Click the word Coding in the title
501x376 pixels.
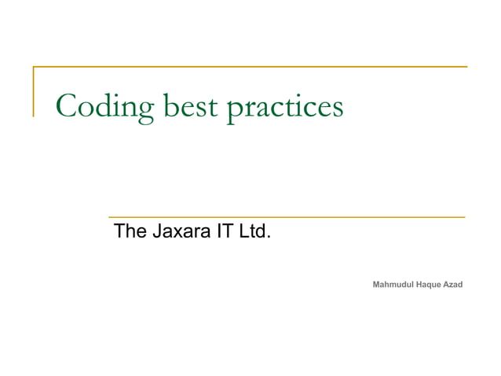(x=105, y=107)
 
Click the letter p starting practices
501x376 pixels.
(x=233, y=109)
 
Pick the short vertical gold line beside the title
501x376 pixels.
(x=33, y=92)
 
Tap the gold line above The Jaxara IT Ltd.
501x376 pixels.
(x=286, y=216)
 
